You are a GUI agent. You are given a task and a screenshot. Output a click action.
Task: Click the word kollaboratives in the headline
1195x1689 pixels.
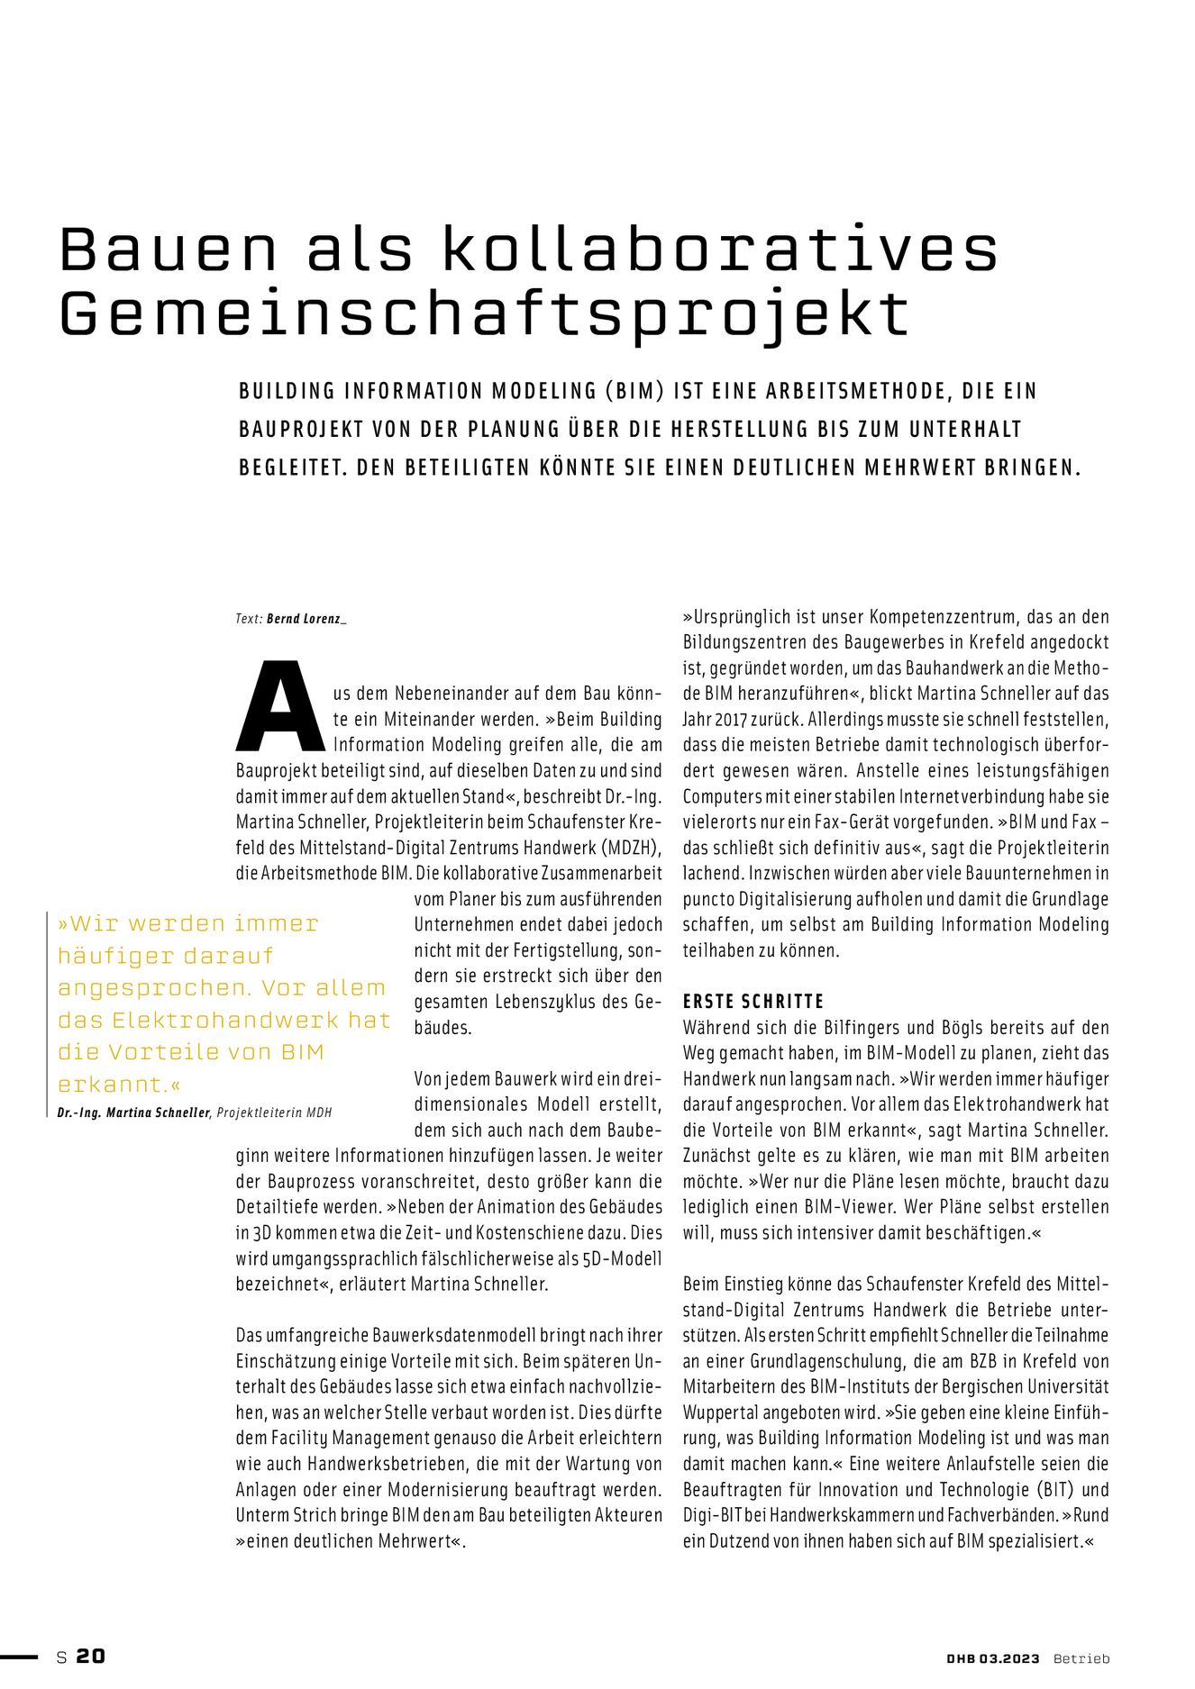pos(720,249)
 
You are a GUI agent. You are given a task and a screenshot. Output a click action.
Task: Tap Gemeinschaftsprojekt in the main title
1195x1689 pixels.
pos(484,314)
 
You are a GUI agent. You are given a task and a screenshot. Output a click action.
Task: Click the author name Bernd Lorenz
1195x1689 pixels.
pos(306,619)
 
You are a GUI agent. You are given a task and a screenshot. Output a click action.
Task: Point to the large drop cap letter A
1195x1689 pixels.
pos(280,707)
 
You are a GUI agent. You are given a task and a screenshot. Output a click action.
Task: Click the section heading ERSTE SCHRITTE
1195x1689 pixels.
pos(753,1002)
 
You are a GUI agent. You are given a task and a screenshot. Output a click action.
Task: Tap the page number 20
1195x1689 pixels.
pos(90,1656)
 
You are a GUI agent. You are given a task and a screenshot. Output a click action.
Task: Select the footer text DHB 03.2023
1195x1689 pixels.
pos(992,1657)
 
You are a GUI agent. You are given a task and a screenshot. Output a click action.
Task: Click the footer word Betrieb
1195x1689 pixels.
pos(1081,1657)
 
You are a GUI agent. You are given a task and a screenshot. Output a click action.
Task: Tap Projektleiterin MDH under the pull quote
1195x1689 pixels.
pos(274,1112)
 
